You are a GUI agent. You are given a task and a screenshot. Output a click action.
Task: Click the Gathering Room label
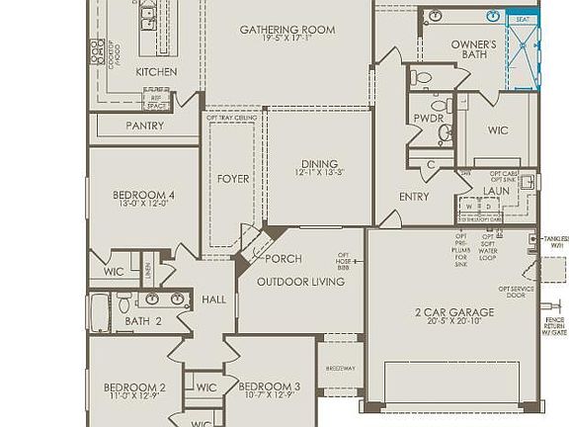(x=286, y=30)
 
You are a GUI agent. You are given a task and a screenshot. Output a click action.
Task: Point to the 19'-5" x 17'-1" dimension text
(x=286, y=41)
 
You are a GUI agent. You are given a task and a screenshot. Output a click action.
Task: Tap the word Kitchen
(x=156, y=72)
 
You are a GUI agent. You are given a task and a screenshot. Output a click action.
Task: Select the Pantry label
(x=144, y=127)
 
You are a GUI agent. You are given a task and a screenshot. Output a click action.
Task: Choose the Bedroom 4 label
(x=143, y=196)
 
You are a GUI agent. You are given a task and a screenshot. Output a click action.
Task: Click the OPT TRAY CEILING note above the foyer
(x=231, y=118)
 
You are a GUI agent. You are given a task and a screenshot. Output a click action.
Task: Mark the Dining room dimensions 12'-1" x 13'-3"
(x=319, y=174)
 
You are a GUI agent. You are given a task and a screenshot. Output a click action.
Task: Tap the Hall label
(x=213, y=299)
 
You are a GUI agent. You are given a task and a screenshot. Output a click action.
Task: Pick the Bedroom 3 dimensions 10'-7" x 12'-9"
(x=269, y=396)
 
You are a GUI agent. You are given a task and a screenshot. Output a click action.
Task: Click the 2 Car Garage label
(x=454, y=312)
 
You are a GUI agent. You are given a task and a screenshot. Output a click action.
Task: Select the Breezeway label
(x=340, y=369)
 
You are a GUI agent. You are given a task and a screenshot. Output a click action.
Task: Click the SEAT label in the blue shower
(x=523, y=19)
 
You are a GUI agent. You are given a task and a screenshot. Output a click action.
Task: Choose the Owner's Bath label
(x=473, y=49)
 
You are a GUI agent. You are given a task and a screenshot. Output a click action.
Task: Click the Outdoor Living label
(x=300, y=282)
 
